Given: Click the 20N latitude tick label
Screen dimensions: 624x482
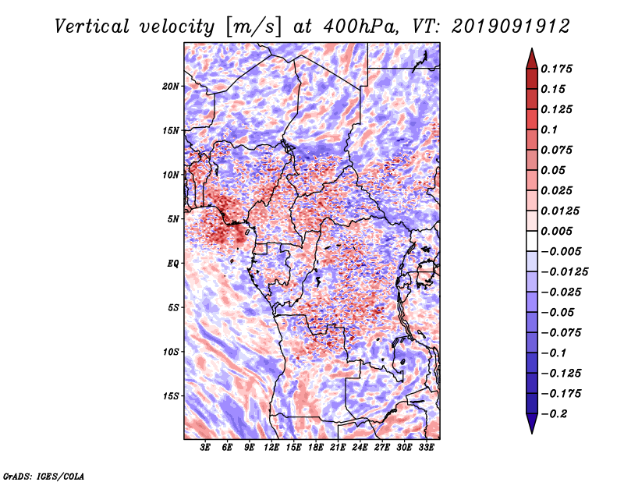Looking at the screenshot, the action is click(x=170, y=87).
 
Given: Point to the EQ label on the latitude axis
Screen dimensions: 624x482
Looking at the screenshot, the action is click(x=172, y=264).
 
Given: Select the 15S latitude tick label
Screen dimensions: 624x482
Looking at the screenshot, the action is click(x=170, y=396).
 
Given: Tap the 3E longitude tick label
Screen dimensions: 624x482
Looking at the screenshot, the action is click(x=205, y=448).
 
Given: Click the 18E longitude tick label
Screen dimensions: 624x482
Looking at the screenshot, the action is click(x=316, y=448).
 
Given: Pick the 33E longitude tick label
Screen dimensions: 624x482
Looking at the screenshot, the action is click(x=426, y=448).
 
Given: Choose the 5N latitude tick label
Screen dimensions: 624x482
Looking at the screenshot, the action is click(x=173, y=219).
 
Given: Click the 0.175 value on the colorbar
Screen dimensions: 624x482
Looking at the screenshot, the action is click(x=556, y=69).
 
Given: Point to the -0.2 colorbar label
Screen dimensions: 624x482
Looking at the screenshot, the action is click(x=554, y=414).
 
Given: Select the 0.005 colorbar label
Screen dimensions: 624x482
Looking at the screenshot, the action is click(x=556, y=231).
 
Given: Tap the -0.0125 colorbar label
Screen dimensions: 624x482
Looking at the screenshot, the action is click(x=564, y=272).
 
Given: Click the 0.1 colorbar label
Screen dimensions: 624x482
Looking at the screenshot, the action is click(x=549, y=129).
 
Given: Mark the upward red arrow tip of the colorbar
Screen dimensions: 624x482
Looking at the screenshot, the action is click(x=532, y=48).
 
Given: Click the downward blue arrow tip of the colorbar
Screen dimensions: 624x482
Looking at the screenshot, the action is click(x=532, y=433).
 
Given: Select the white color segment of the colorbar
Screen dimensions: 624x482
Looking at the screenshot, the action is click(x=532, y=241).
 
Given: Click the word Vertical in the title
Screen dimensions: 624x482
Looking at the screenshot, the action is click(x=92, y=27).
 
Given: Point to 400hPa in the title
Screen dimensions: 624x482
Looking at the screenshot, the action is click(x=360, y=27).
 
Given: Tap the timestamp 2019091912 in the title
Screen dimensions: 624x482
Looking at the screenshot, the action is click(x=511, y=27).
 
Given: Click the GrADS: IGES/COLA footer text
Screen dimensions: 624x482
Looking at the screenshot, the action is click(x=44, y=476).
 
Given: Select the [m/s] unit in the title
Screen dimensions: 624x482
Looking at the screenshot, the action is click(x=253, y=27).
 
